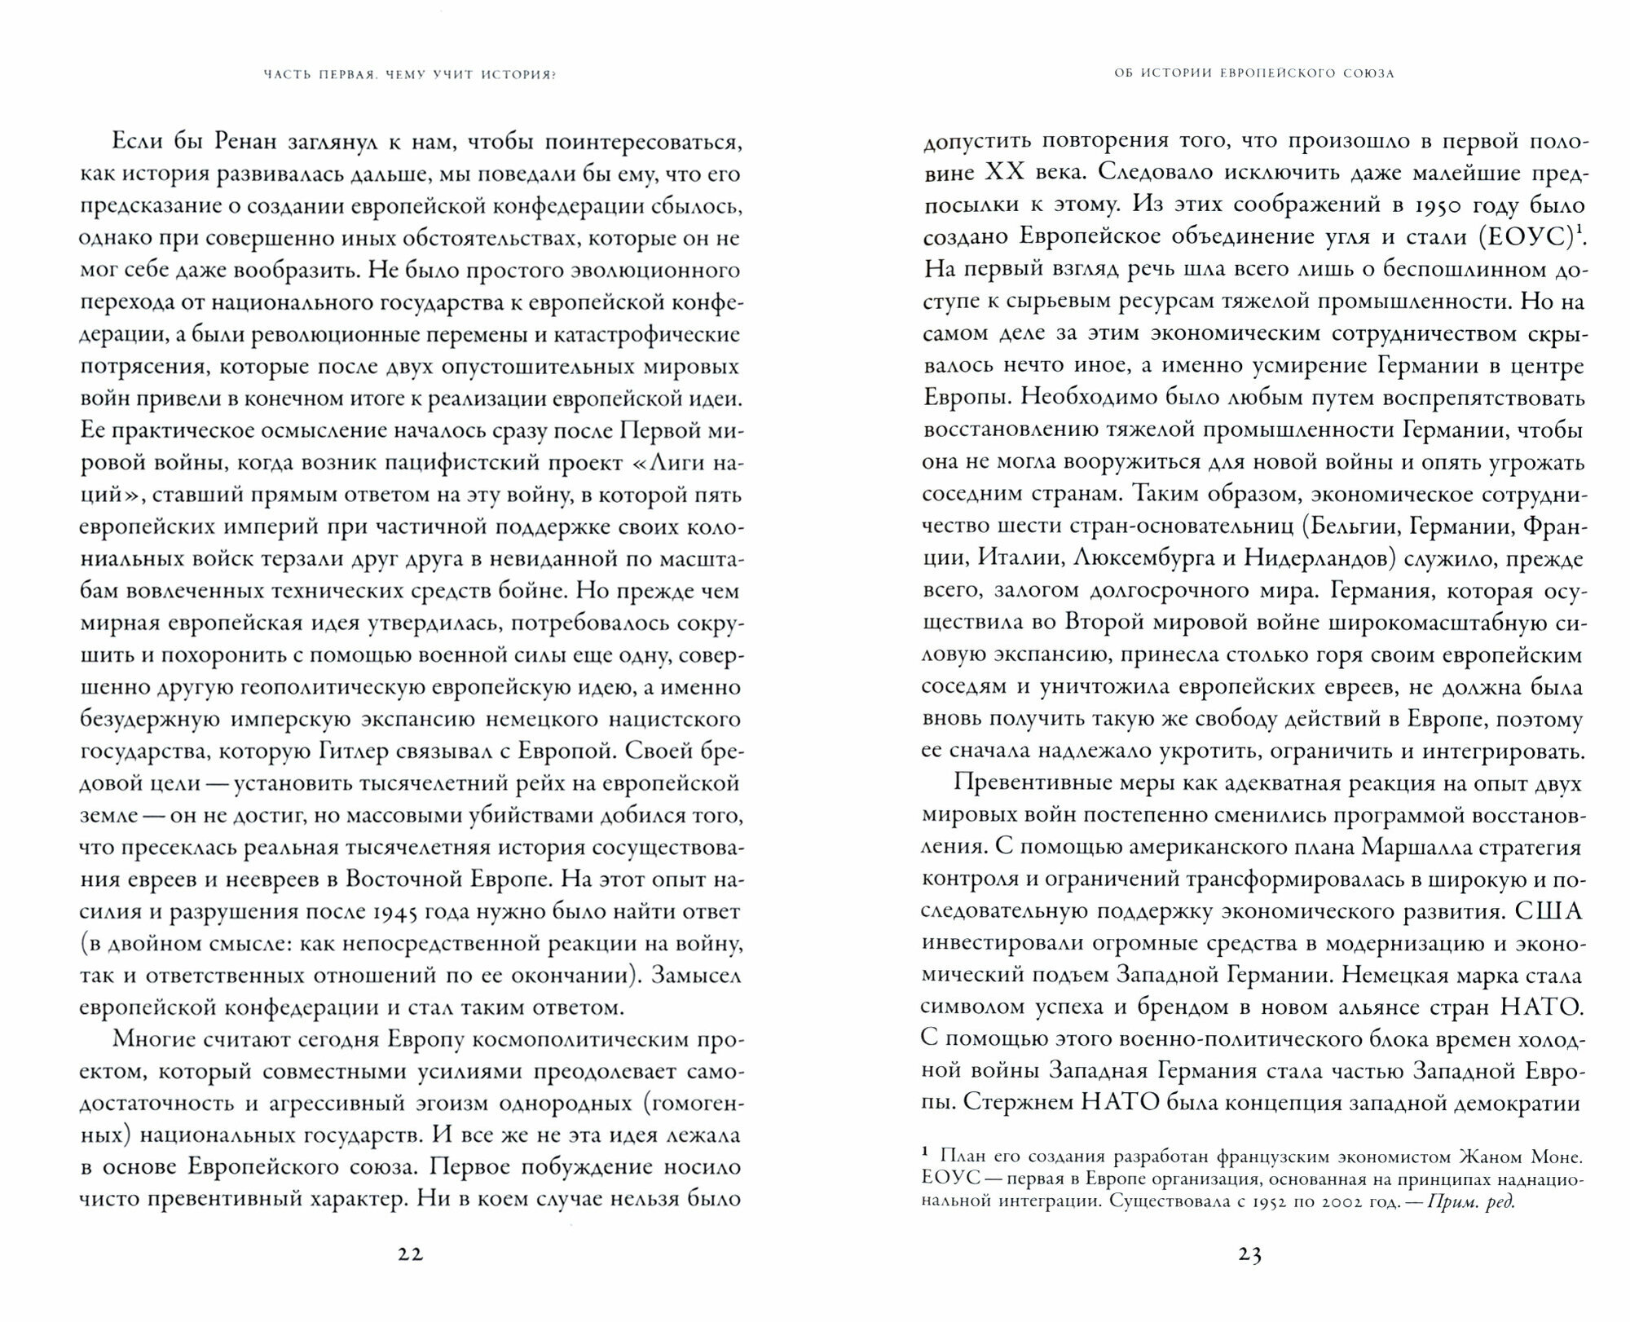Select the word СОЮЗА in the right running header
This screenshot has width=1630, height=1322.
pyautogui.click(x=1366, y=73)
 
